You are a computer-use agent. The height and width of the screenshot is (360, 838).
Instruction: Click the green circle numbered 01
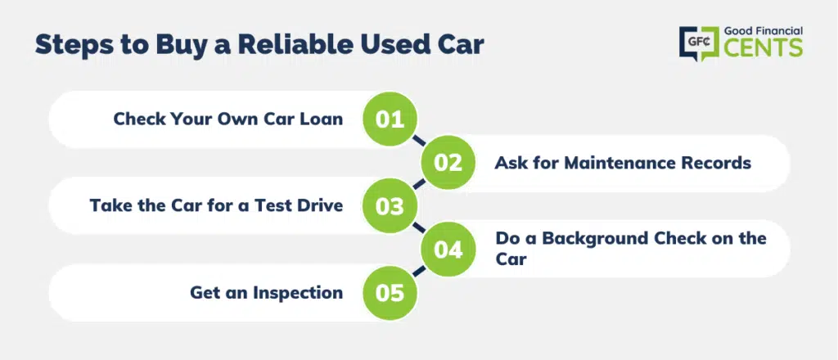tap(390, 119)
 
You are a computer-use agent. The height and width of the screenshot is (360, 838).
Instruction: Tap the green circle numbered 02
tap(448, 162)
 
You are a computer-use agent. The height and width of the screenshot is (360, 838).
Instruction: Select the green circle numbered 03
tap(390, 205)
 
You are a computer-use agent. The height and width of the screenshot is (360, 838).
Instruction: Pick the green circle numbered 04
tap(448, 250)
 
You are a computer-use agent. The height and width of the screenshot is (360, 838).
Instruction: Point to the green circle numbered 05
tap(390, 293)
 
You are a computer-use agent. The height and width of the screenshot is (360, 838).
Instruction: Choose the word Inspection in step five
tap(298, 293)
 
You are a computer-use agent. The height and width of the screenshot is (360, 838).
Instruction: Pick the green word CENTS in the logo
tap(764, 47)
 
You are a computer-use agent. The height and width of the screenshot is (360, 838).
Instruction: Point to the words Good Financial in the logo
tap(764, 31)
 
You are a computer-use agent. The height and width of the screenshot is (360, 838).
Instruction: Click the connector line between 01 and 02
tap(419, 141)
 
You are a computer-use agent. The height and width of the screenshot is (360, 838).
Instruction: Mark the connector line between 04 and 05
tap(419, 271)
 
